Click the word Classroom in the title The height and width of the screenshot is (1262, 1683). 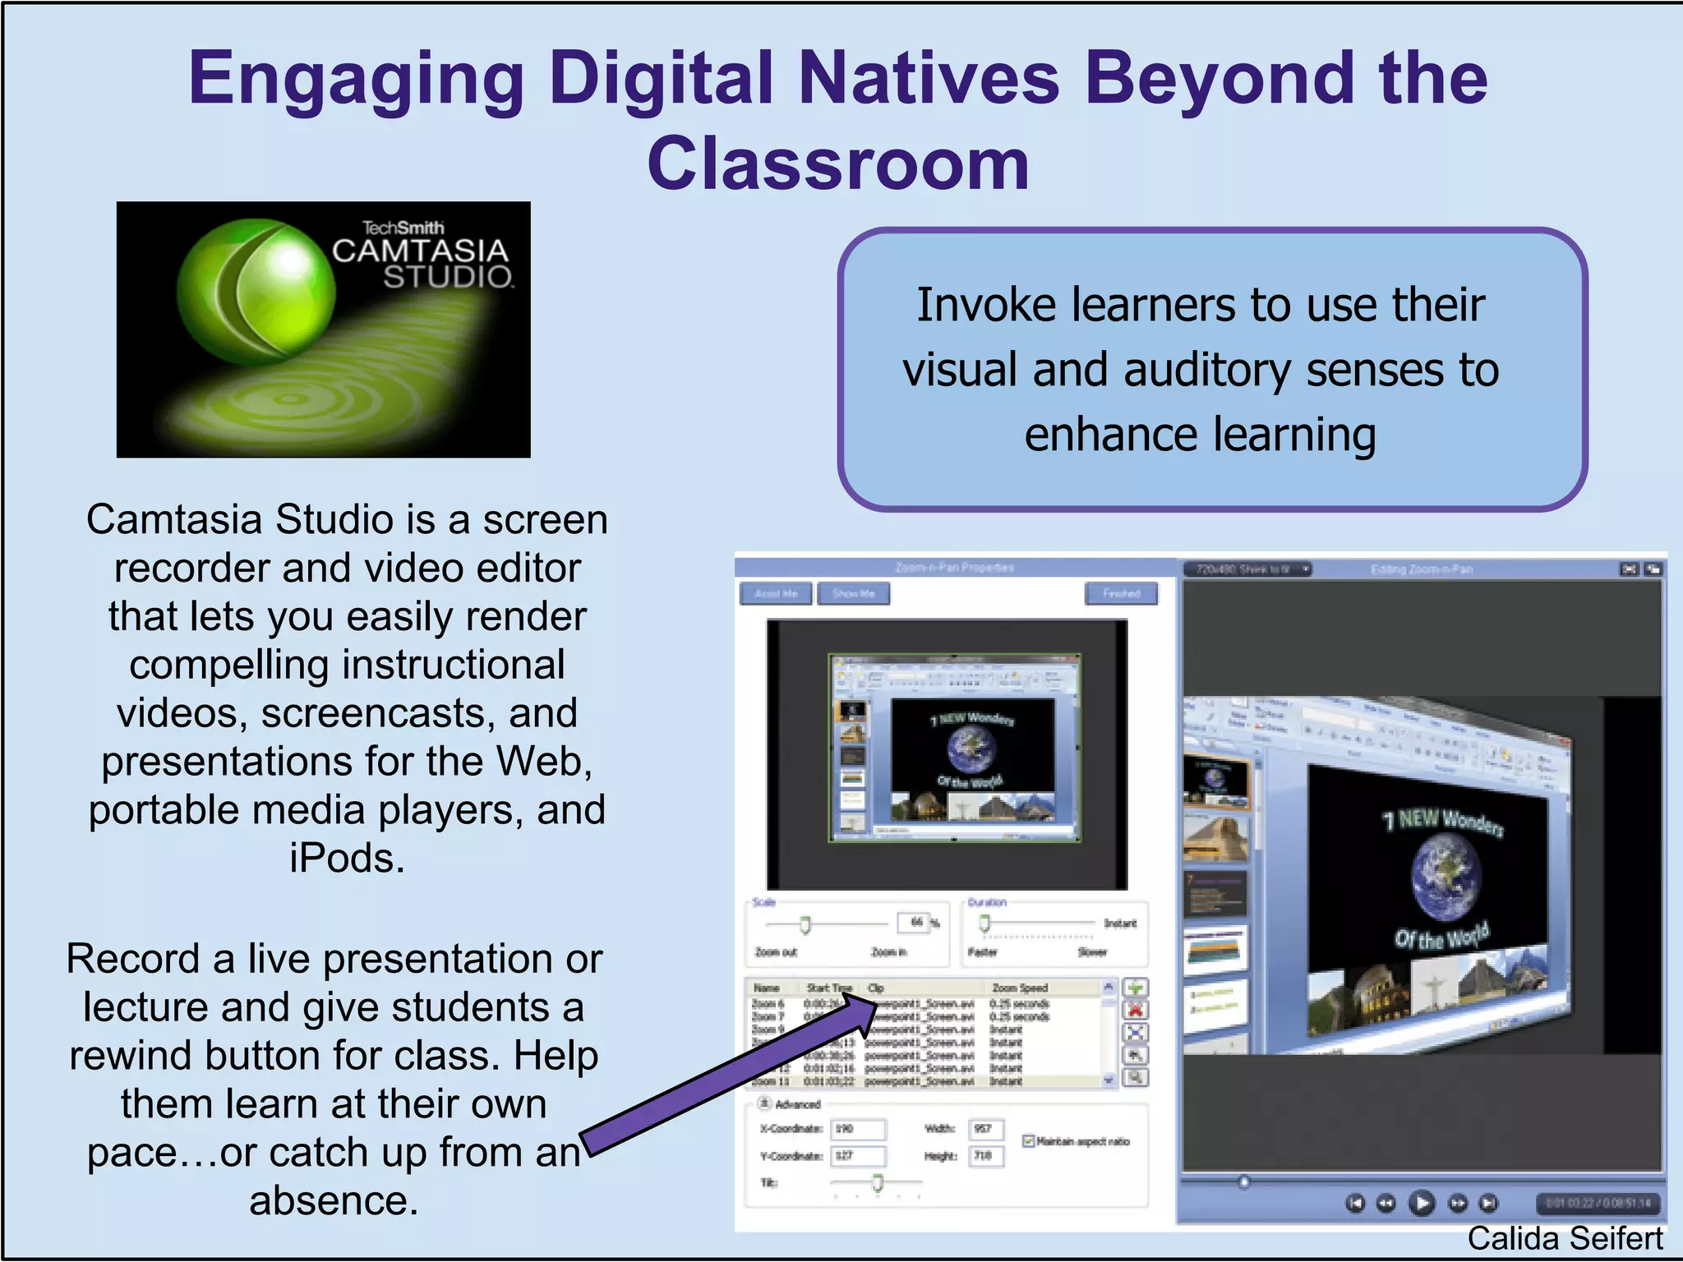(x=837, y=164)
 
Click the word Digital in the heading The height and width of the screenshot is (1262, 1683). (x=662, y=79)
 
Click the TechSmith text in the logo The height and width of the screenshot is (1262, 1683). (x=403, y=227)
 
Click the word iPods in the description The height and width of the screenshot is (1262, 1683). (x=345, y=859)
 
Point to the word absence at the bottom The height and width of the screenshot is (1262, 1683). (x=334, y=1201)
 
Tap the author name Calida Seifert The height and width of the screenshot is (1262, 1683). (x=1565, y=1238)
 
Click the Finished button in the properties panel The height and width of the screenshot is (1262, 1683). (x=1121, y=593)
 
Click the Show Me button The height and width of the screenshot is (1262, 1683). (x=853, y=593)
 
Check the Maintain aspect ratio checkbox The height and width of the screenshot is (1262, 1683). (x=1028, y=1141)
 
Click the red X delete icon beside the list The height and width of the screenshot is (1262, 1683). (x=1136, y=1011)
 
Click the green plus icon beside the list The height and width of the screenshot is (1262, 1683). (x=1136, y=988)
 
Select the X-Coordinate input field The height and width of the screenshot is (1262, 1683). (x=858, y=1129)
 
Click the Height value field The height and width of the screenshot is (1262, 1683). (x=985, y=1156)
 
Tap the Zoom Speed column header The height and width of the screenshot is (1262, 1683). (x=1020, y=988)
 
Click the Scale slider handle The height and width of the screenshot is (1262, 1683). (x=805, y=925)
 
